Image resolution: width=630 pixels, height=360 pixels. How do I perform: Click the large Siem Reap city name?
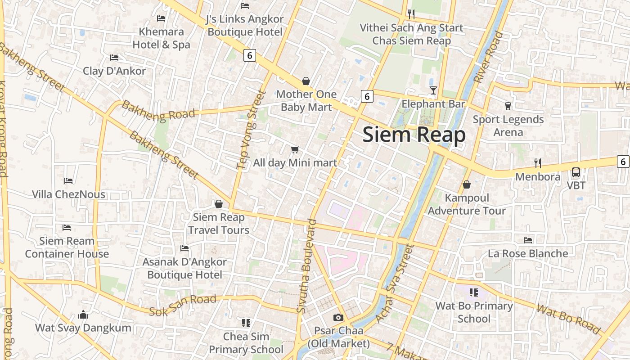(x=414, y=135)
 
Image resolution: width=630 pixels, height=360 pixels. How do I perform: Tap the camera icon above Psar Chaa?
(x=338, y=318)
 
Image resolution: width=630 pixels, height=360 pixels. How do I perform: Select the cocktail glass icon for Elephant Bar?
(x=433, y=90)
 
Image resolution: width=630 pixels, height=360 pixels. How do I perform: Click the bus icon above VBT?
(x=576, y=172)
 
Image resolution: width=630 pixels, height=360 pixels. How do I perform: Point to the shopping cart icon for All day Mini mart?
(x=295, y=149)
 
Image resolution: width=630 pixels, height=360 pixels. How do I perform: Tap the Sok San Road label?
(x=183, y=305)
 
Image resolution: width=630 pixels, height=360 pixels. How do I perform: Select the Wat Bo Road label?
(x=569, y=319)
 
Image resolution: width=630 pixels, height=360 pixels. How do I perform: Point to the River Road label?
(x=488, y=57)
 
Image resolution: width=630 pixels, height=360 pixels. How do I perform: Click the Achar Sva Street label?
(x=394, y=283)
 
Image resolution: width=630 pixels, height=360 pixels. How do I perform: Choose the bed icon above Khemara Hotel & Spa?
(x=161, y=18)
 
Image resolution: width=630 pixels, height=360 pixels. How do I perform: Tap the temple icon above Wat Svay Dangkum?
(x=83, y=315)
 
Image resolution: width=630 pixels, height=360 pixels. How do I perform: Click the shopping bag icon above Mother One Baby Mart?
(x=306, y=81)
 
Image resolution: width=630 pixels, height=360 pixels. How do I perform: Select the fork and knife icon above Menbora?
(x=537, y=163)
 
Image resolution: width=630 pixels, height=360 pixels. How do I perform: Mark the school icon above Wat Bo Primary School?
(x=473, y=292)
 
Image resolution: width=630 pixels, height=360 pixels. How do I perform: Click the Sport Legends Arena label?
(x=508, y=126)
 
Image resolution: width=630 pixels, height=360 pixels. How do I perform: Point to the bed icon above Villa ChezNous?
(x=68, y=181)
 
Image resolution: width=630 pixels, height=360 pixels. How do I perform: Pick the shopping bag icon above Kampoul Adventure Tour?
(x=467, y=184)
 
